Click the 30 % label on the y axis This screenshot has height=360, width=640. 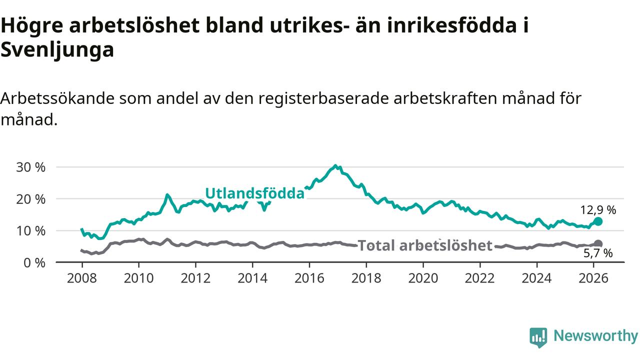point(31,167)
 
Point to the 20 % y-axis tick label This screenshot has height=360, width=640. point(31,199)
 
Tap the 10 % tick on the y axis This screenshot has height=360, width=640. point(31,231)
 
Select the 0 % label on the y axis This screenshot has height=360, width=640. point(34,262)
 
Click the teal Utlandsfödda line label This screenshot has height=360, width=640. point(254,193)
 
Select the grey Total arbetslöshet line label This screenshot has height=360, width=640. point(425,245)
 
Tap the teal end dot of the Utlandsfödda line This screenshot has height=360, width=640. point(598,221)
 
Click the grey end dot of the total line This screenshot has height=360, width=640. point(598,244)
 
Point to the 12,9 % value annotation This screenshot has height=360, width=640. point(598,210)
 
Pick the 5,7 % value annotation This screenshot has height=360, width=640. point(598,253)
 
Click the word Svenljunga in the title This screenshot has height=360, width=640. point(57,50)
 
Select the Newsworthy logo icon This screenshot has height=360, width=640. point(538,337)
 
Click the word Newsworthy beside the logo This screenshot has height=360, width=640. point(595,336)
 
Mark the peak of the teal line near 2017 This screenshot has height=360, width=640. point(335,165)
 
